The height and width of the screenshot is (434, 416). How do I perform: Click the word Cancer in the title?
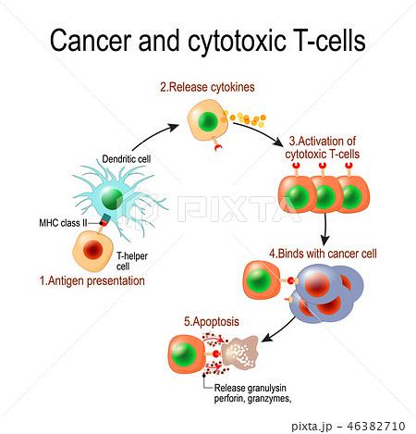point(91,40)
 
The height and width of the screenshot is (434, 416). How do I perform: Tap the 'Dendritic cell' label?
point(127,159)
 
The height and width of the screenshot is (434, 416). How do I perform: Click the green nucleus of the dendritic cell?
point(112,199)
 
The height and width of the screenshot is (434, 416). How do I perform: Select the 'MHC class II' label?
point(63,223)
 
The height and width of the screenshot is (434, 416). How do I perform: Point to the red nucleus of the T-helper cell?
point(92,250)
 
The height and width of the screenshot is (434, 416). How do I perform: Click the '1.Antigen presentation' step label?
point(92,280)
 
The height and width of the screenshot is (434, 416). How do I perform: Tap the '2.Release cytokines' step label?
point(207,87)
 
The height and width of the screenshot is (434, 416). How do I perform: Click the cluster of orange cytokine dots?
point(244,119)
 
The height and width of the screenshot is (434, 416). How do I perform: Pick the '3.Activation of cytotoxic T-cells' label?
point(322,147)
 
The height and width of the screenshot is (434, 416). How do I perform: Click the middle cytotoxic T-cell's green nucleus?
point(324,196)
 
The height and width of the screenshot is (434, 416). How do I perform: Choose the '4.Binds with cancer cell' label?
point(323,254)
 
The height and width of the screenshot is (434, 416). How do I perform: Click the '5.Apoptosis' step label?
point(212,321)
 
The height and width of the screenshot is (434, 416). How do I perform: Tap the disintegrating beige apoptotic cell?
point(240,353)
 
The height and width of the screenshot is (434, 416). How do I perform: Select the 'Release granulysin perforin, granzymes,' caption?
point(252,393)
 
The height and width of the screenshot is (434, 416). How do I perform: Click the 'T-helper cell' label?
point(132,261)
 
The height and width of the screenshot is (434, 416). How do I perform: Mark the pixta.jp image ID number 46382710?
point(376,427)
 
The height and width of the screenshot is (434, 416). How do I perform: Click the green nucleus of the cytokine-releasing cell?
point(208,121)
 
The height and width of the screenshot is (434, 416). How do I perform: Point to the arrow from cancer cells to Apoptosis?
point(278,330)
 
